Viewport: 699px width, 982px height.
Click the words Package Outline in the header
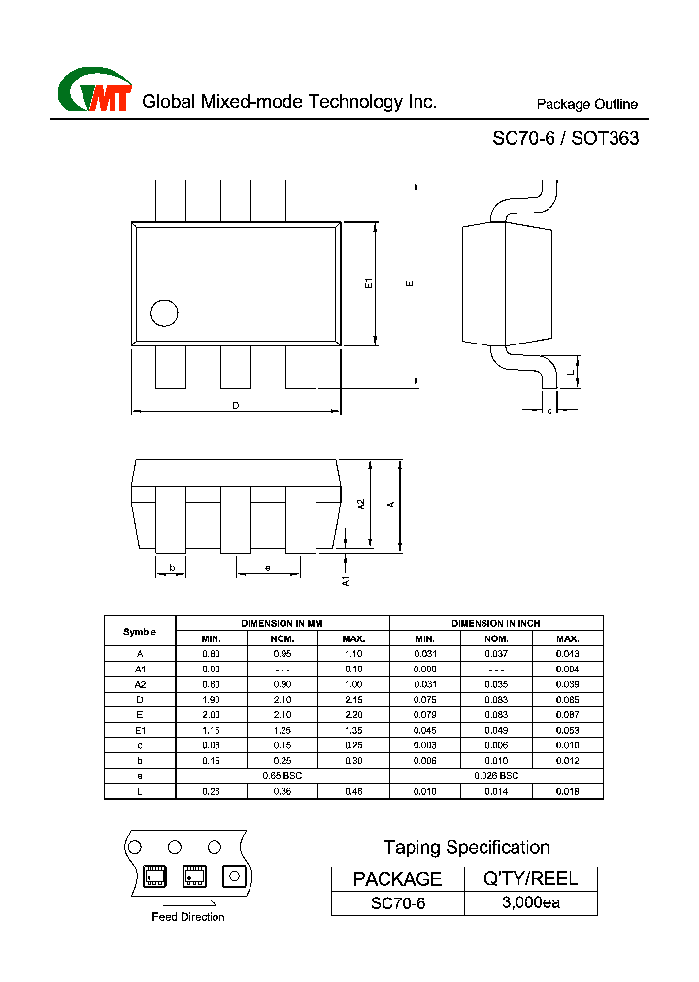click(x=587, y=105)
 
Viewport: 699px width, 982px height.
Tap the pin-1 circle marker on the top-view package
click(x=164, y=312)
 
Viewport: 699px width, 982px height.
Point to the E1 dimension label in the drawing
click(x=368, y=283)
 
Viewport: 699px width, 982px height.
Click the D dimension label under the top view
click(x=235, y=405)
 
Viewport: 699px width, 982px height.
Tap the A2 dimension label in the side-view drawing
click(x=360, y=505)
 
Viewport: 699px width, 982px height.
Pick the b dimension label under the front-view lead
click(x=172, y=568)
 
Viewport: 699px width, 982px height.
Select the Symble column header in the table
click(x=140, y=631)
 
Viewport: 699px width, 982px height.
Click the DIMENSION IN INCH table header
click(x=496, y=623)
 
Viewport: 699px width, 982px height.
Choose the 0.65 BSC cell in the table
click(x=283, y=776)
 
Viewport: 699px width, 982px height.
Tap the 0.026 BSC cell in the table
click(x=496, y=776)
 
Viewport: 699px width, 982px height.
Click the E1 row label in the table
click(x=140, y=730)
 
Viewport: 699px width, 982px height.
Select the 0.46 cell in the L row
click(x=354, y=792)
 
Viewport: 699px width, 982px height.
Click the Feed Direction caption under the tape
click(x=188, y=917)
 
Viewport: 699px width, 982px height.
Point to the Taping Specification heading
click(x=466, y=848)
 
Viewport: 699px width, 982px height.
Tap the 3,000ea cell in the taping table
click(x=530, y=903)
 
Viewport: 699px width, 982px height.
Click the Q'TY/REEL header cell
click(x=530, y=879)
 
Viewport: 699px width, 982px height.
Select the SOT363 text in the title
click(x=605, y=139)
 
